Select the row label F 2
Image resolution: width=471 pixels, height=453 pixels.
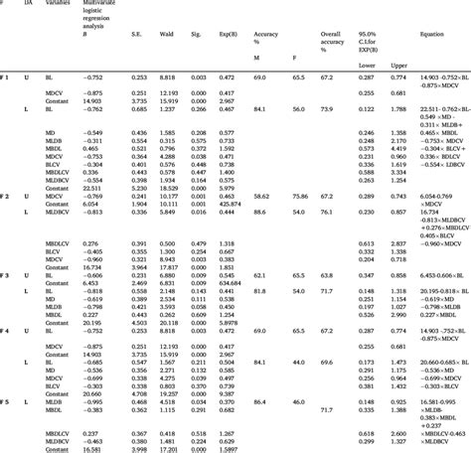click(7, 197)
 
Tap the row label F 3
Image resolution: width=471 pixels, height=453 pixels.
click(7, 273)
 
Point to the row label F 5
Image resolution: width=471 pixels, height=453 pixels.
click(7, 402)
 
